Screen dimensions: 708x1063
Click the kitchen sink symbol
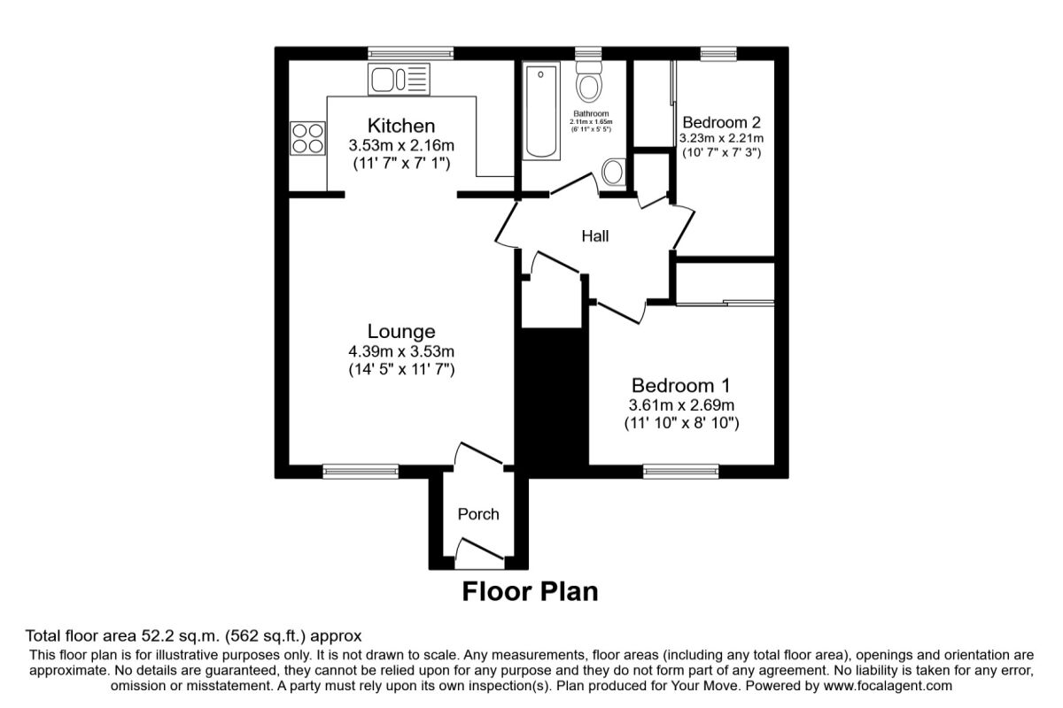399,79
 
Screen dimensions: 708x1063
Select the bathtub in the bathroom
539,112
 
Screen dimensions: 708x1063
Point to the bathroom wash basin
613,173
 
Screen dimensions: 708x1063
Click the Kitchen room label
401,125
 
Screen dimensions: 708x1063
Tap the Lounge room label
401,331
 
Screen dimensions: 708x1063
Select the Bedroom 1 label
680,386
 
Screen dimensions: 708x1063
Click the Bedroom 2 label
721,122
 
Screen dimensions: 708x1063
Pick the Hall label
594,236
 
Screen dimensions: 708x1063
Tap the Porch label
478,514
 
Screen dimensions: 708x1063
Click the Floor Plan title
530,591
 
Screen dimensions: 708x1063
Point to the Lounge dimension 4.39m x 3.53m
401,351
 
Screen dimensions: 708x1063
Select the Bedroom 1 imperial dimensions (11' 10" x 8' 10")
681,423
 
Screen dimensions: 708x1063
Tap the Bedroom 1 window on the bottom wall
681,472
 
